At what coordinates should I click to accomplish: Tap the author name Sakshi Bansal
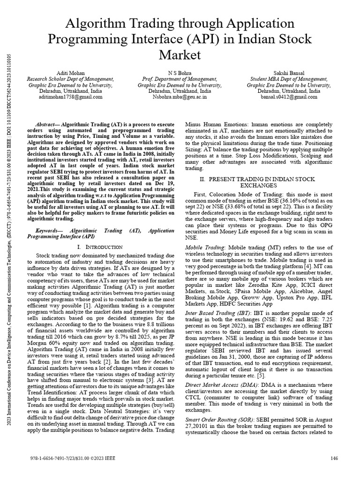pos(288,74)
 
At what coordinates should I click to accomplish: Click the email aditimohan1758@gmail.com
pos(70,97)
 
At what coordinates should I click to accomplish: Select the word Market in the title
pos(180,55)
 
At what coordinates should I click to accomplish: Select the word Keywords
pos(50,231)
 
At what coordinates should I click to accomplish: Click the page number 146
pos(334,458)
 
